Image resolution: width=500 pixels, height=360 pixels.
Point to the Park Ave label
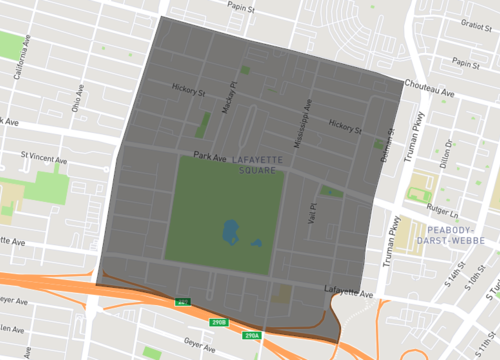click(209, 156)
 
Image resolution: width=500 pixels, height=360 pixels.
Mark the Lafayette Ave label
click(350, 294)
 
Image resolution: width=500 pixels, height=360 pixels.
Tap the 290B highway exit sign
click(219, 322)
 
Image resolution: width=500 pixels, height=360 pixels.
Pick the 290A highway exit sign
click(251, 335)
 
